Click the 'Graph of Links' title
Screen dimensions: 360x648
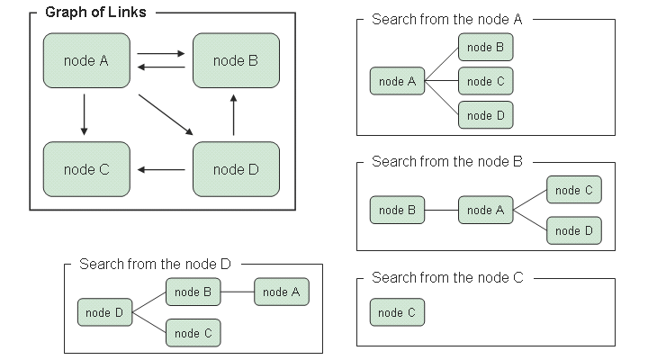[95, 13]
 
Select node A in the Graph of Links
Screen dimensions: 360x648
[86, 60]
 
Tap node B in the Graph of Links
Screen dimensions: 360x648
[236, 60]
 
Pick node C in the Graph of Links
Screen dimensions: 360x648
[86, 168]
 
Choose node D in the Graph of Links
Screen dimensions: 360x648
[236, 168]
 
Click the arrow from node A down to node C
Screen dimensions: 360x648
[84, 114]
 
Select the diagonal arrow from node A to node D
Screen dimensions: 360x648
[166, 112]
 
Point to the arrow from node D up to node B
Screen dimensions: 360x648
[234, 114]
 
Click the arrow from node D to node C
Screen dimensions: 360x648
[162, 169]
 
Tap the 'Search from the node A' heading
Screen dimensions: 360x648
[446, 19]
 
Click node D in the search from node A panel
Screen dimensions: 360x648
[485, 115]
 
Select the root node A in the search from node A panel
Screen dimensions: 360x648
[397, 81]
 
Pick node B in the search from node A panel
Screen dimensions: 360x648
[485, 47]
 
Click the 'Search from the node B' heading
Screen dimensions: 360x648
[446, 162]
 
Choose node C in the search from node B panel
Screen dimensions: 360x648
[573, 190]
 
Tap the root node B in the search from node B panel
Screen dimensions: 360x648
[397, 210]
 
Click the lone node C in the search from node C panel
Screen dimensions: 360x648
[397, 312]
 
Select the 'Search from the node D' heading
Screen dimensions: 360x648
[155, 264]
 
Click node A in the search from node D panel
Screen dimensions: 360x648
[282, 292]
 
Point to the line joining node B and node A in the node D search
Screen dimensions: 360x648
[238, 292]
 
